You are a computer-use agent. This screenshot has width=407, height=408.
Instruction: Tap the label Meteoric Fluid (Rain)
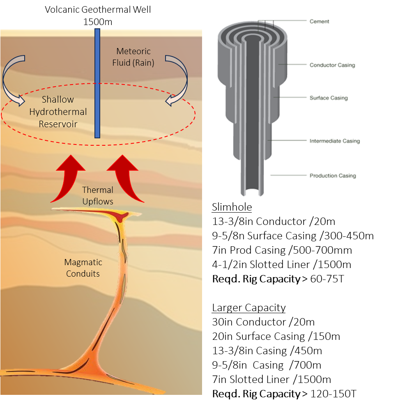(x=133, y=57)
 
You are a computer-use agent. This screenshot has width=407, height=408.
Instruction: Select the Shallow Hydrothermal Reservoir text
(x=58, y=112)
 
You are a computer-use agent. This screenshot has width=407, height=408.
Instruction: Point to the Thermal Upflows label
(x=97, y=195)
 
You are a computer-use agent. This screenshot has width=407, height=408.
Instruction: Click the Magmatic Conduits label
(x=83, y=268)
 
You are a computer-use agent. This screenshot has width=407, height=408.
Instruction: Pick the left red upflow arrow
(x=69, y=179)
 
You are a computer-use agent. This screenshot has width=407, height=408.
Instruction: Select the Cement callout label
(x=319, y=21)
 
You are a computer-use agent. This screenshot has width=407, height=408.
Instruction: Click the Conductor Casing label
(x=332, y=65)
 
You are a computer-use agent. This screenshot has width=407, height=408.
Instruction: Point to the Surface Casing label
(x=328, y=98)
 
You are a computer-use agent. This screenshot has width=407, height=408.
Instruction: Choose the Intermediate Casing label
(x=334, y=141)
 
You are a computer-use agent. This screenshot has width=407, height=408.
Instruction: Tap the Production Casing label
(x=332, y=176)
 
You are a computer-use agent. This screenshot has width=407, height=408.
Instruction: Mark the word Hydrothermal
(x=58, y=112)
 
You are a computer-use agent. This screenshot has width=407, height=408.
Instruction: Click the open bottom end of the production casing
(x=251, y=192)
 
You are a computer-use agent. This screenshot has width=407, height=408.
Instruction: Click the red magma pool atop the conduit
(x=120, y=215)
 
